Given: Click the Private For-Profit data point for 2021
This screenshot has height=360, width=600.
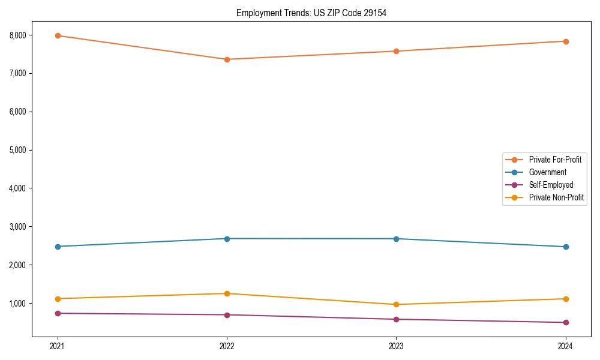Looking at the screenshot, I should click(58, 35).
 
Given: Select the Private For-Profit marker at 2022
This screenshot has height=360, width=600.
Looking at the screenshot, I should click(227, 59).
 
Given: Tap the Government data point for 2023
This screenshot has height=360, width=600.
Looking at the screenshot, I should click(396, 239).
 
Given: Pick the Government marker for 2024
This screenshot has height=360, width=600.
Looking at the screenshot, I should click(565, 247).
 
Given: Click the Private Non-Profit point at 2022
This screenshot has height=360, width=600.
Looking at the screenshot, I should click(227, 293).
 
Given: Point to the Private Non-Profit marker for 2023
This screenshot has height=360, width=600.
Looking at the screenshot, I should click(396, 304).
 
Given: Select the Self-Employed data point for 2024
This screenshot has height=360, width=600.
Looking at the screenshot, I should click(565, 322).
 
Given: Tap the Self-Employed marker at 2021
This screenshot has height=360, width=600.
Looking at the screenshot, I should click(58, 313).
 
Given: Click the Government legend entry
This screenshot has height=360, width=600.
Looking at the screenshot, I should click(547, 172).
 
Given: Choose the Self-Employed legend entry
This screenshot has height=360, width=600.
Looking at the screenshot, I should click(551, 185).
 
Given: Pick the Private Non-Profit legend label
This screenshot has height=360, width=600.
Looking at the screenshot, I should click(556, 197).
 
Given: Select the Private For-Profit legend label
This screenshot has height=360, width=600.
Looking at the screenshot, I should click(555, 160).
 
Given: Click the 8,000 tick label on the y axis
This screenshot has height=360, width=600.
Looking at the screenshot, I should click(19, 35).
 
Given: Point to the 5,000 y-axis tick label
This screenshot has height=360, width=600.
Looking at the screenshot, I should click(19, 150).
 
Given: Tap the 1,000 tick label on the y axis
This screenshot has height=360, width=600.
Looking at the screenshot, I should click(19, 304).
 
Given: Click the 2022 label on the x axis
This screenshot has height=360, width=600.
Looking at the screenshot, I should click(227, 346).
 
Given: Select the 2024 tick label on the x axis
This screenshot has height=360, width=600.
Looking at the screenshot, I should click(565, 346).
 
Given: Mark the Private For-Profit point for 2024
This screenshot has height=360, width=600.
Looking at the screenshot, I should click(565, 41).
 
